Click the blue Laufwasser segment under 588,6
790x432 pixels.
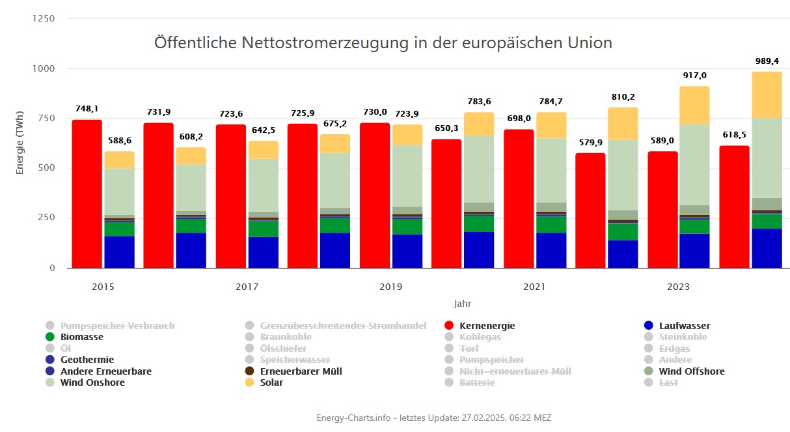pyautogui.click(x=119, y=252)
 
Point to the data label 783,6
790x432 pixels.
pyautogui.click(x=478, y=101)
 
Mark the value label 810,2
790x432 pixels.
pyautogui.click(x=623, y=96)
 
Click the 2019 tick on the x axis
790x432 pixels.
pyautogui.click(x=390, y=287)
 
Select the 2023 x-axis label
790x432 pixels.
pyautogui.click(x=678, y=287)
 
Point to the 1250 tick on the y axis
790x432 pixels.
pyautogui.click(x=43, y=18)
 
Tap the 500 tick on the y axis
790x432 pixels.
pyautogui.click(x=48, y=168)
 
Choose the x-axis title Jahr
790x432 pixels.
pyautogui.click(x=462, y=304)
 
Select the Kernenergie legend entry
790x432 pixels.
pyautogui.click(x=487, y=326)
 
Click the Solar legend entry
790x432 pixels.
pyautogui.click(x=271, y=382)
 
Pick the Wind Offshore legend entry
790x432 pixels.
pyautogui.click(x=691, y=371)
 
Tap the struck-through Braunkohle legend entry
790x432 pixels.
pyautogui.click(x=286, y=337)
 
